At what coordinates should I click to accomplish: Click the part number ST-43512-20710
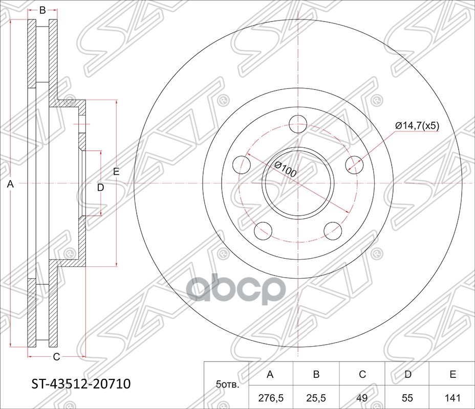click(78, 383)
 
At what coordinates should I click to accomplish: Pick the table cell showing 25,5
click(316, 397)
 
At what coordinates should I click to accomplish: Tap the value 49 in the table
click(362, 397)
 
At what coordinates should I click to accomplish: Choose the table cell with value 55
click(407, 397)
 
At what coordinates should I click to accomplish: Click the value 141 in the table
click(452, 397)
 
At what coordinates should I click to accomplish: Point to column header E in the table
click(452, 375)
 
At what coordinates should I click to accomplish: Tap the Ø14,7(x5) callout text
click(417, 125)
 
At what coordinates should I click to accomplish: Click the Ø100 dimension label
click(285, 169)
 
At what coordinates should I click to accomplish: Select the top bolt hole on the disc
click(297, 124)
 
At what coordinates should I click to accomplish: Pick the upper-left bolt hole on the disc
click(241, 165)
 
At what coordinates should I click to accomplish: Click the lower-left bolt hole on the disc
click(263, 231)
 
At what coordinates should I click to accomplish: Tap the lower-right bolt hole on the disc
click(333, 231)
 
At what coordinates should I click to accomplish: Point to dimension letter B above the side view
click(42, 10)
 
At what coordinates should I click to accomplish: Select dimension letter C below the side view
click(56, 357)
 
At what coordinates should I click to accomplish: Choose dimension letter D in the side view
click(100, 188)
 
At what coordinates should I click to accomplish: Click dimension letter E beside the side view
click(116, 172)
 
